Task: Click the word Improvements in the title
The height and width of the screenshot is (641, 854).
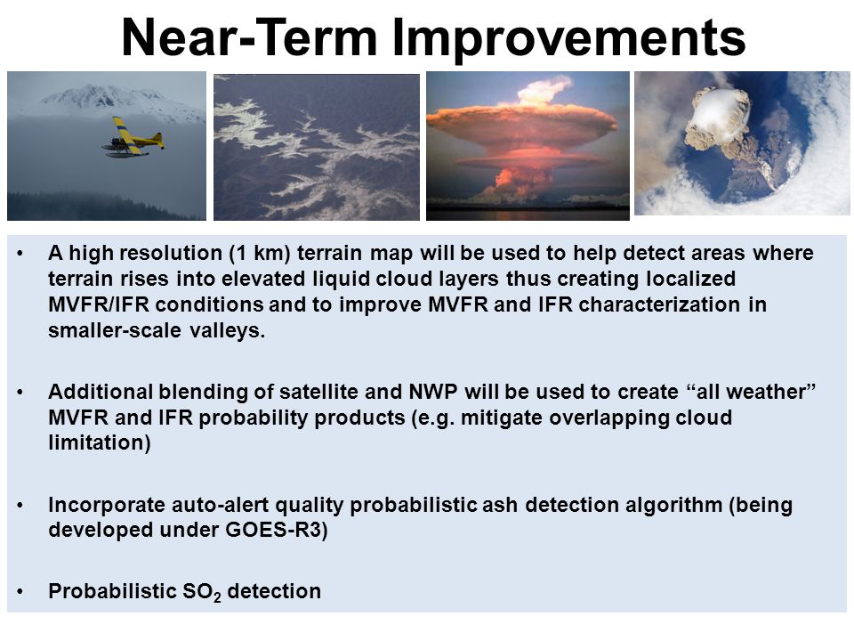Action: [568, 39]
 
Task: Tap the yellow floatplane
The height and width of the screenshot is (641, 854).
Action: [133, 137]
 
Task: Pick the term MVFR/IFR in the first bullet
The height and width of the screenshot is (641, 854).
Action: [99, 304]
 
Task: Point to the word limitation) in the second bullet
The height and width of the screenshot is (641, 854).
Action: [100, 442]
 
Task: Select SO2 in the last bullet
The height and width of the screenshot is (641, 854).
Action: [202, 592]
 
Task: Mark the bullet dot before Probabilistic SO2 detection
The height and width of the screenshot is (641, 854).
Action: [20, 592]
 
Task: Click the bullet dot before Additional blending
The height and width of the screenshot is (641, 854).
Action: [20, 393]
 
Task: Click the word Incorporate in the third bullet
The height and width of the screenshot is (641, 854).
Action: [107, 506]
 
